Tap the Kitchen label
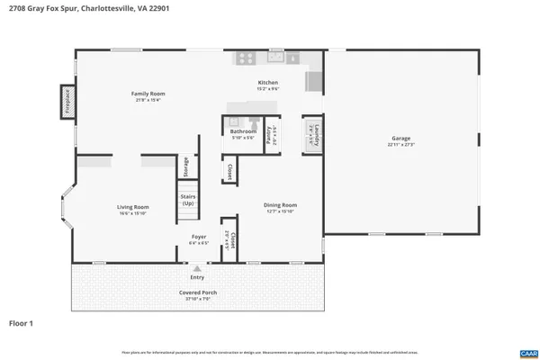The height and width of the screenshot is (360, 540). click(268, 84)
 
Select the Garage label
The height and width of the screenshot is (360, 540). click(400, 140)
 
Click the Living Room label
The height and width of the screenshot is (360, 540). click(133, 208)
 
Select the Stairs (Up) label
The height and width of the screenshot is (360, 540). click(188, 199)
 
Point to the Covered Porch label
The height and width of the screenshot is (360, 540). click(196, 292)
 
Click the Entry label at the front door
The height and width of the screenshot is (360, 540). click(196, 277)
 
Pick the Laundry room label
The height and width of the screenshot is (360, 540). click(312, 135)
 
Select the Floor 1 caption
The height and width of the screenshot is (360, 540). click(21, 321)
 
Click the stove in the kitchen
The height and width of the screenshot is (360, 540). click(245, 58)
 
